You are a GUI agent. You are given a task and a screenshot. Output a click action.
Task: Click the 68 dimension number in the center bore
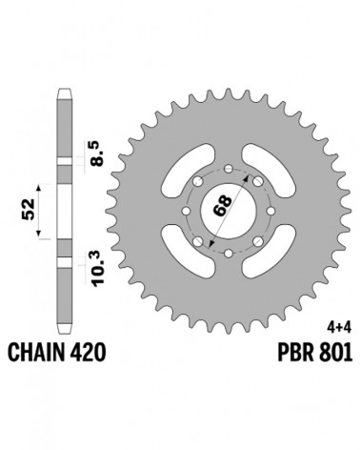click(223, 206)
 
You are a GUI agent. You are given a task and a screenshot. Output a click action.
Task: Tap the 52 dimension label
click(29, 209)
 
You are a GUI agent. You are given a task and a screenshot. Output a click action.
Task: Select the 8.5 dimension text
click(96, 153)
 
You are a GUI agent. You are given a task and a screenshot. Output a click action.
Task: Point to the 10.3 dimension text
click(98, 268)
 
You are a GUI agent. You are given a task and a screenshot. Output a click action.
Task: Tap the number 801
click(337, 352)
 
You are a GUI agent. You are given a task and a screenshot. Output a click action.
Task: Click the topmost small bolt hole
click(229, 169)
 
